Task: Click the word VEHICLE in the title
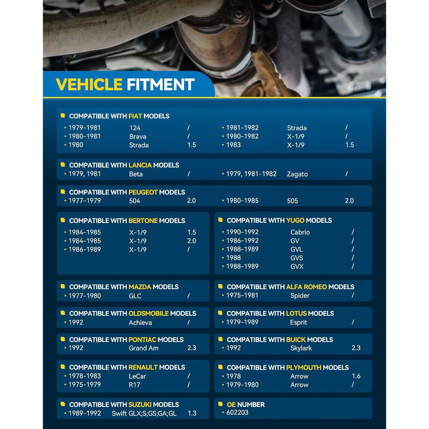[89, 85]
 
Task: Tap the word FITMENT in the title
[160, 85]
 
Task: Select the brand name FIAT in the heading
[135, 116]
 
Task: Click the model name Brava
[138, 136]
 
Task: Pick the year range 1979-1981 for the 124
[85, 128]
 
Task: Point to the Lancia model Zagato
[297, 174]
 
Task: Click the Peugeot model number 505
[292, 201]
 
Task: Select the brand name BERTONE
[143, 221]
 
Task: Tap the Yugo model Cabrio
[300, 232]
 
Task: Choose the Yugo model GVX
[297, 267]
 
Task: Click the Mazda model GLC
[135, 296]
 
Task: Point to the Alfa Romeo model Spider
[300, 296]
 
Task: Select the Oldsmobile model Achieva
[140, 323]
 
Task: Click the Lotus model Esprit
[299, 323]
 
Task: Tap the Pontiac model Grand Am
[144, 348]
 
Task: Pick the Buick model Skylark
[301, 348]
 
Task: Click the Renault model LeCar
[137, 376]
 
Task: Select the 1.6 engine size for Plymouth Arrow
[356, 376]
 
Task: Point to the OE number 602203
[237, 412]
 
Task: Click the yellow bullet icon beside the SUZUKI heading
[63, 404]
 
